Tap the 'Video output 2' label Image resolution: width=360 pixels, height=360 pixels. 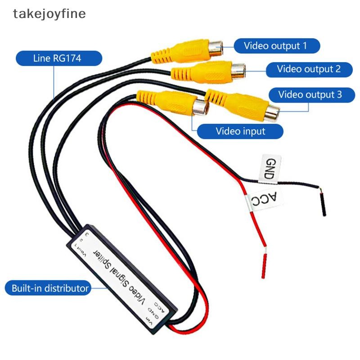(309, 69)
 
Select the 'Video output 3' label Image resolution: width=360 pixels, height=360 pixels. (310, 95)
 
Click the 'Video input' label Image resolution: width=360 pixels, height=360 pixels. (240, 131)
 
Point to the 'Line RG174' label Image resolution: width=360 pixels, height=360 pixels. (58, 58)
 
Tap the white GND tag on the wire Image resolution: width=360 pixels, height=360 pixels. (269, 168)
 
